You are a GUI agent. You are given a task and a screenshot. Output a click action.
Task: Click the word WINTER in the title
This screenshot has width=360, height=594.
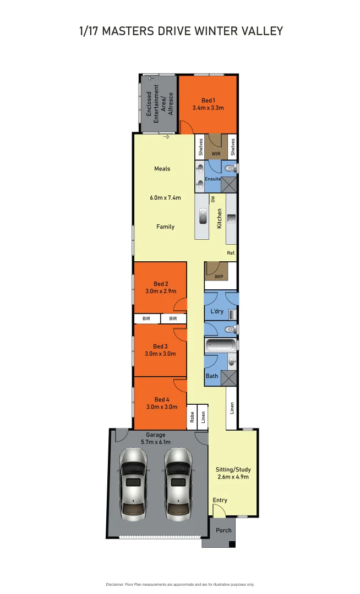click(216, 31)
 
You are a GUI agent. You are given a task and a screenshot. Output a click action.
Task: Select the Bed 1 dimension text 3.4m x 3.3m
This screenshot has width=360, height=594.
click(208, 108)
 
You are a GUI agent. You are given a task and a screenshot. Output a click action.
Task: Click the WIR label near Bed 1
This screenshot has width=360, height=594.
click(216, 154)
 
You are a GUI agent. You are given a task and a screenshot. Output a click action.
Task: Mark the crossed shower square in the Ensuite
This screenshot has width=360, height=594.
click(229, 184)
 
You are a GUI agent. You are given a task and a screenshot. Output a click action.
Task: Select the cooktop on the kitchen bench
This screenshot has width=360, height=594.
click(231, 219)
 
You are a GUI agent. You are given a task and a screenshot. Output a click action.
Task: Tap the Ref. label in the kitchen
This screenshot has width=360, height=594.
click(231, 253)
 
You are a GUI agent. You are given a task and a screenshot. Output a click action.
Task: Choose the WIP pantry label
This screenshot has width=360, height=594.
click(219, 277)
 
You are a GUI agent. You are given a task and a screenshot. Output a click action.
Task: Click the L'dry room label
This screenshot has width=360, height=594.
click(216, 312)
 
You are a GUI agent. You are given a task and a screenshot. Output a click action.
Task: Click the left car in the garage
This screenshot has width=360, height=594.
click(133, 483)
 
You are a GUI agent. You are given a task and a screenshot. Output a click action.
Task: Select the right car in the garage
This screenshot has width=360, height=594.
click(179, 483)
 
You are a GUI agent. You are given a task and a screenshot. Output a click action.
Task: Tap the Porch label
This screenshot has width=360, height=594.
click(223, 531)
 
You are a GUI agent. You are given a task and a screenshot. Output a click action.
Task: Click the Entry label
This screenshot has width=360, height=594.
click(220, 500)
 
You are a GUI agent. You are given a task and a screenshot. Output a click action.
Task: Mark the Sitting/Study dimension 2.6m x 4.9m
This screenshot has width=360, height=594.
click(233, 477)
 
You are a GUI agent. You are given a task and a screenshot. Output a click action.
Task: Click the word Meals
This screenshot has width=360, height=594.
click(162, 169)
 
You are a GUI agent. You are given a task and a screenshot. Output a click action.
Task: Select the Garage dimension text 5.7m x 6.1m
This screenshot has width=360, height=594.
click(155, 442)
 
